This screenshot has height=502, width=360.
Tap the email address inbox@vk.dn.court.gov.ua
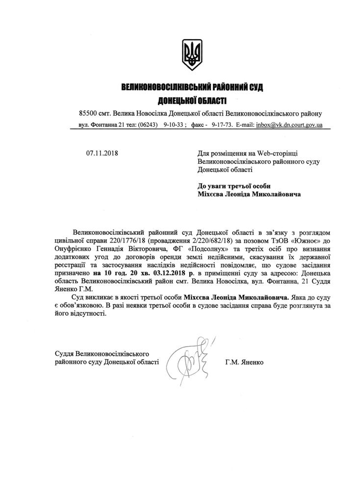point(290,125)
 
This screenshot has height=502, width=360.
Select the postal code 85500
point(88,114)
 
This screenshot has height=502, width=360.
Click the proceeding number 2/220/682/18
point(180,239)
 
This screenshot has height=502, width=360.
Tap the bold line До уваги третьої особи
point(234,185)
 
